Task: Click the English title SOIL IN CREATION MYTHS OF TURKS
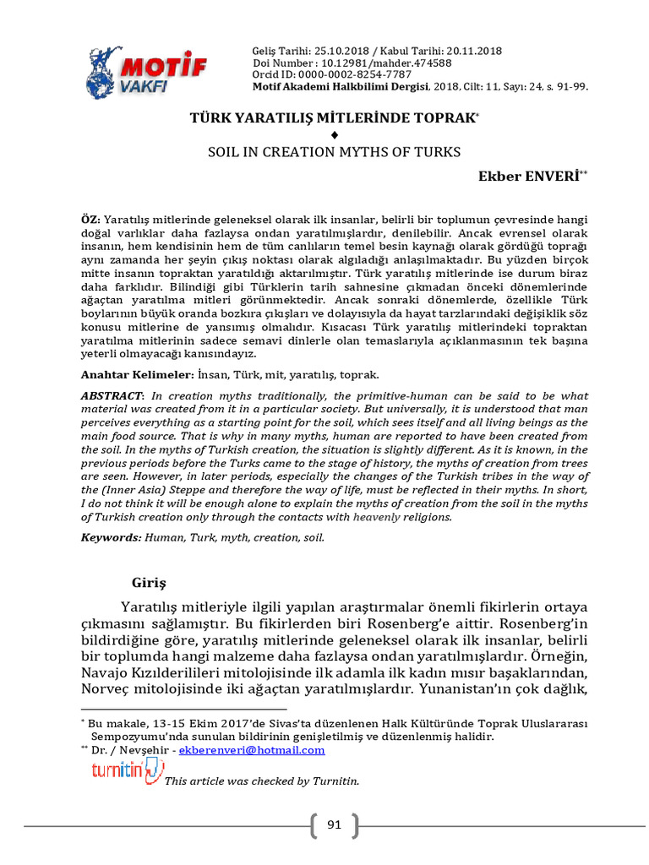click(334, 152)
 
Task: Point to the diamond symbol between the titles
click(335, 135)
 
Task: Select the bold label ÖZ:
click(90, 219)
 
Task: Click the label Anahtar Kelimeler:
click(138, 373)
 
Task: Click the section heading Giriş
click(150, 583)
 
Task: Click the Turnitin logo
click(127, 770)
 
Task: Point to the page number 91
click(334, 824)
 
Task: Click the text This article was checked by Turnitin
click(262, 781)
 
